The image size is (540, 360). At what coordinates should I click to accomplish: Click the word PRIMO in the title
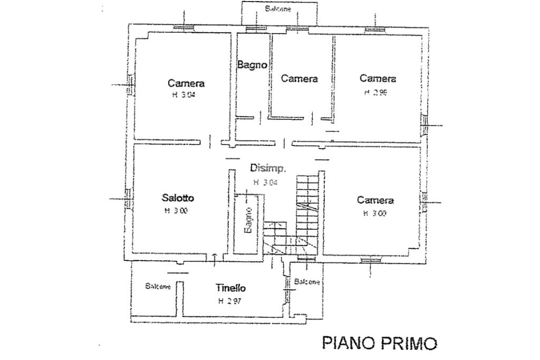pos(407,343)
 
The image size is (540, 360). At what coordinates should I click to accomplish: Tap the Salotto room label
pos(178,198)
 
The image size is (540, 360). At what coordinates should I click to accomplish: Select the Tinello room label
pos(230,288)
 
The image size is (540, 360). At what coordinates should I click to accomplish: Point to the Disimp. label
pos(268,169)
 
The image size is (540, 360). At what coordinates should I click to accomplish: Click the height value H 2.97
pos(230,301)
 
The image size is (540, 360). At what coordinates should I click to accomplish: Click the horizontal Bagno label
pos(253,65)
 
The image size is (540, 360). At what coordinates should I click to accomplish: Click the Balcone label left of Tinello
pos(158,286)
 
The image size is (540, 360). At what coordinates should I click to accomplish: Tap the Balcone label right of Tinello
pos(307,282)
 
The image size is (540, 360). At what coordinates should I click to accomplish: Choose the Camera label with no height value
pos(299,79)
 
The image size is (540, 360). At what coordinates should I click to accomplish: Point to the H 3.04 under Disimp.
pos(265,182)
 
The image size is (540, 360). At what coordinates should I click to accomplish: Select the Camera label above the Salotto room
pos(186,83)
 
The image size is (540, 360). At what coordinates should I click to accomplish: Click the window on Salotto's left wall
pos(127,200)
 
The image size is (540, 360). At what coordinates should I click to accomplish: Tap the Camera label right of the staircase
pos(375,200)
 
